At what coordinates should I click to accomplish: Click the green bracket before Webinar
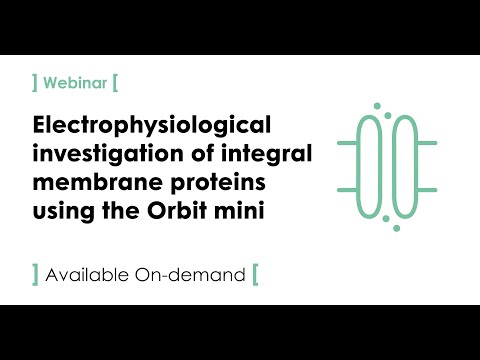click(37, 81)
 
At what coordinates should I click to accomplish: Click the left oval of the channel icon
click(371, 166)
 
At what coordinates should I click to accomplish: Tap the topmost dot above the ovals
click(376, 104)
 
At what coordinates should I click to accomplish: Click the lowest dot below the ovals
click(396, 228)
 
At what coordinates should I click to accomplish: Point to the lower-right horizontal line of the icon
click(427, 189)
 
